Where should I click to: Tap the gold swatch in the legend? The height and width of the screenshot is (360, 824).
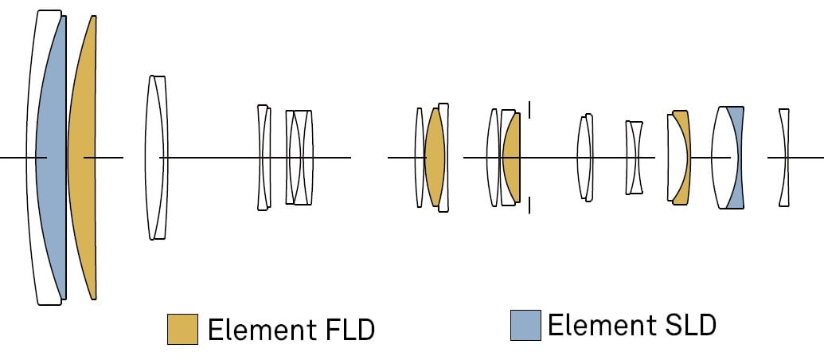[x=182, y=329]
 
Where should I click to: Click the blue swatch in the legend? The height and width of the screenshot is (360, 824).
[x=525, y=325]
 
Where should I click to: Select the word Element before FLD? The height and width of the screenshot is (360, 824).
[x=257, y=329]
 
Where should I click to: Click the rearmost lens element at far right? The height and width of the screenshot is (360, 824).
[x=784, y=158]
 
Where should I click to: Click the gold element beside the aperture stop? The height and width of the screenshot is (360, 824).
[x=512, y=158]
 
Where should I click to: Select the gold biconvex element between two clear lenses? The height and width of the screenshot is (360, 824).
[x=434, y=158]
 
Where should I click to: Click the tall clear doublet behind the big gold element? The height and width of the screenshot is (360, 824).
[x=156, y=158]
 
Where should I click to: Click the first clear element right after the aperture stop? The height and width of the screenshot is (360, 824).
[x=585, y=158]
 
